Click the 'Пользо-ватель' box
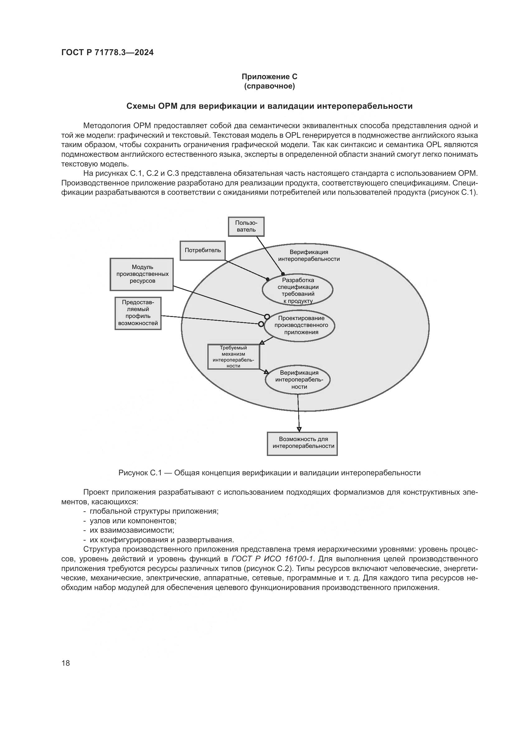pyautogui.click(x=246, y=226)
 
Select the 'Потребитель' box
pyautogui.click(x=203, y=251)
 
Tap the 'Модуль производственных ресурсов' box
pyautogui.click(x=142, y=274)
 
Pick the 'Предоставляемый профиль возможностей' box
pyautogui.click(x=138, y=313)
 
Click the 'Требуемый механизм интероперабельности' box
pyautogui.click(x=234, y=357)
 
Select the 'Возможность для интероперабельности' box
pyautogui.click(x=302, y=444)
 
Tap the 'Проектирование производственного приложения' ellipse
pyautogui.click(x=300, y=326)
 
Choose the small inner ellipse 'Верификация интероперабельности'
pyautogui.click(x=297, y=380)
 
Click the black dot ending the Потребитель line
pyautogui.click(x=268, y=279)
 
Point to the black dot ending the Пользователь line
pyautogui.click(x=283, y=274)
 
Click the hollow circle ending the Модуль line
pyautogui.click(x=267, y=317)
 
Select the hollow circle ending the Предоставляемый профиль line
pyautogui.click(x=261, y=324)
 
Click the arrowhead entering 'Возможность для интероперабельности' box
pyautogui.click(x=299, y=429)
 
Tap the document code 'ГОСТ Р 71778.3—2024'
pyautogui.click(x=107, y=53)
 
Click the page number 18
pyautogui.click(x=66, y=663)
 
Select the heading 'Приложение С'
pyautogui.click(x=270, y=77)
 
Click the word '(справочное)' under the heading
pyautogui.click(x=270, y=86)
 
